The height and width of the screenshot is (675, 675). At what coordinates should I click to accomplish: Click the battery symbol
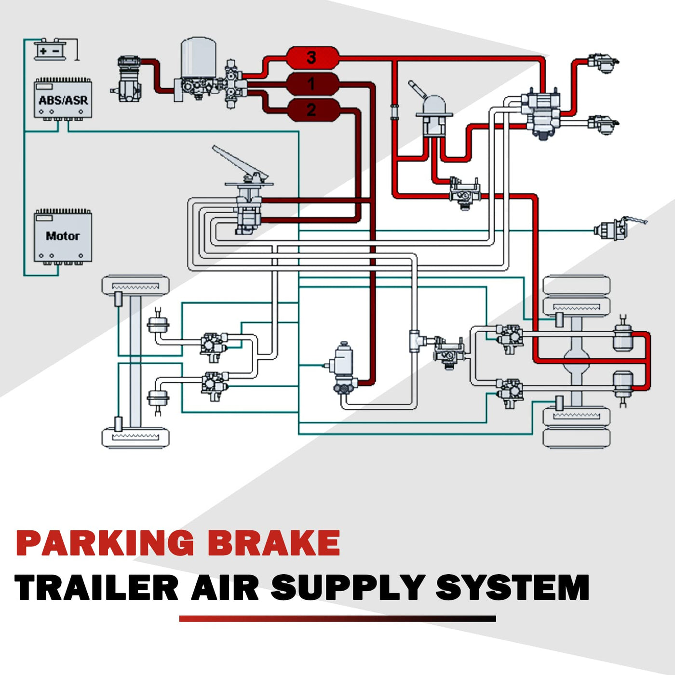[50, 50]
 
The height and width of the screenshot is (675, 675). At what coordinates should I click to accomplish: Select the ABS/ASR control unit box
[63, 99]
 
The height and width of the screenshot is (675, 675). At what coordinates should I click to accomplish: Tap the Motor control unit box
[63, 236]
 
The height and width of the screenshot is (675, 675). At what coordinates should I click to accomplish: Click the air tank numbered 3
[312, 58]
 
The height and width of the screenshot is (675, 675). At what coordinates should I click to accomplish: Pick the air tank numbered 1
[312, 84]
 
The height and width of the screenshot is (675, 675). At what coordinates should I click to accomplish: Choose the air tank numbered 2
[312, 110]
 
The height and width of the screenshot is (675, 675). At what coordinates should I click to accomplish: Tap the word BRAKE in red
[274, 543]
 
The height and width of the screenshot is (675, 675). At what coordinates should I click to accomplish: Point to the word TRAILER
[96, 588]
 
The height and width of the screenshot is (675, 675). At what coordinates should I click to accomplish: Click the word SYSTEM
[513, 588]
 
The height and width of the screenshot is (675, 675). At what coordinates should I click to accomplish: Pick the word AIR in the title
[225, 588]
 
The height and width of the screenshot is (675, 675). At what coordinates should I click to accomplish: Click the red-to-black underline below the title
[337, 619]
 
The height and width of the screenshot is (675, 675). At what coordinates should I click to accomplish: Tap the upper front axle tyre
[135, 285]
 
